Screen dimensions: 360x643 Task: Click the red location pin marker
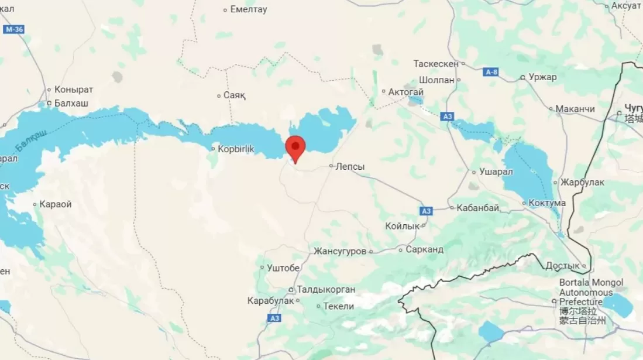(x=295, y=147)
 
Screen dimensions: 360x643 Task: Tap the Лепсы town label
(x=350, y=167)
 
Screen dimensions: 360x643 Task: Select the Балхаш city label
(x=71, y=103)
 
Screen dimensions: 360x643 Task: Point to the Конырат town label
(x=74, y=90)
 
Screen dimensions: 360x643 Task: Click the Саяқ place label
(x=235, y=95)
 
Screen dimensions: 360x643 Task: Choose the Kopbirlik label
(x=236, y=149)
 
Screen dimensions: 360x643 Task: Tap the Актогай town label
(x=406, y=92)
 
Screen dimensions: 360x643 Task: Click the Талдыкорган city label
(x=326, y=290)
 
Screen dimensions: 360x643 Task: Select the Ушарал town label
(x=496, y=172)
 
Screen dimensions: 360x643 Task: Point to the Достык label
(x=562, y=266)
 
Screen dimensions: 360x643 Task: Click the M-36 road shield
(x=13, y=29)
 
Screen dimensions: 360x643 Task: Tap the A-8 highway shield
(x=491, y=72)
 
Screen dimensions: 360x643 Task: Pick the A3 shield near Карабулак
(x=274, y=318)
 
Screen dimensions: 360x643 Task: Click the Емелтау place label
(x=249, y=9)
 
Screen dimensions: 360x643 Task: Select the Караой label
(x=56, y=204)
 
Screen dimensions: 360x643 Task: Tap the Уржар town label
(x=542, y=77)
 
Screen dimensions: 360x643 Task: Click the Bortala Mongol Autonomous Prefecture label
(x=591, y=292)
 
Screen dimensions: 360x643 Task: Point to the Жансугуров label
(x=340, y=251)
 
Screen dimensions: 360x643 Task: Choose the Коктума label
(x=547, y=203)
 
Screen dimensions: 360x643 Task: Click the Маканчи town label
(x=575, y=109)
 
